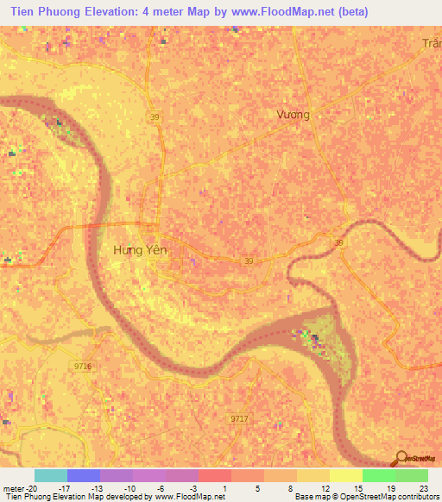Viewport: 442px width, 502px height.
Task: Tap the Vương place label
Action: [x=293, y=114]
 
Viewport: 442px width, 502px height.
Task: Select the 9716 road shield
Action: [x=82, y=367]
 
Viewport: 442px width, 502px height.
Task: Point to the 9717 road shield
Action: [x=239, y=418]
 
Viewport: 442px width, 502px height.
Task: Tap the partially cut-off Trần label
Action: [x=432, y=43]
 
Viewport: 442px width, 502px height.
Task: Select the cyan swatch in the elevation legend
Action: [x=50, y=475]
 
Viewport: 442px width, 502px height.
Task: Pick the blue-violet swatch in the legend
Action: [x=83, y=475]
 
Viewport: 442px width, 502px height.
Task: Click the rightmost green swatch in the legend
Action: [x=411, y=475]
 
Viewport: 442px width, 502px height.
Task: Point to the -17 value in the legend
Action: [x=60, y=487]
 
